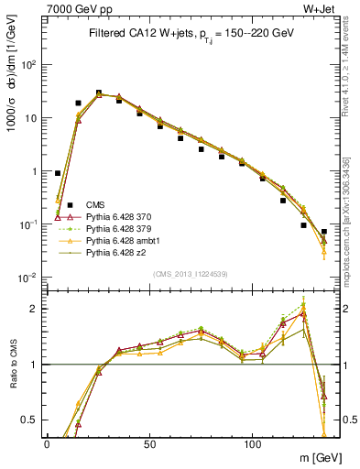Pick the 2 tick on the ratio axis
(35, 309)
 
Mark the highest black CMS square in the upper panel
(99, 93)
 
